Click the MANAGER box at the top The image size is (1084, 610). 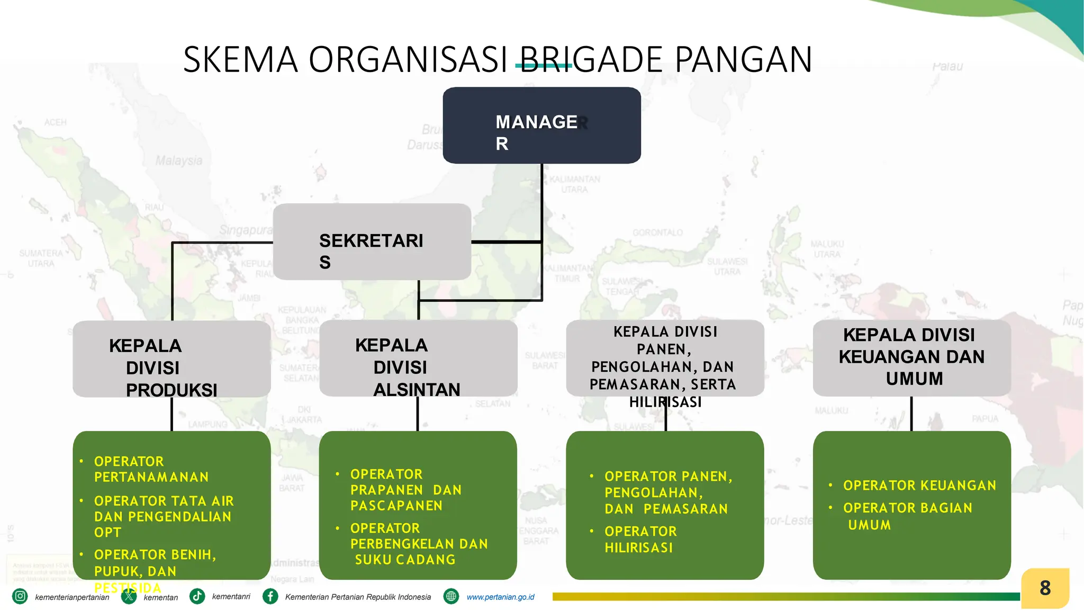click(541, 125)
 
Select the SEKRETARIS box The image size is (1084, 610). click(372, 242)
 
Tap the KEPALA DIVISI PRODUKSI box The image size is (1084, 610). click(171, 359)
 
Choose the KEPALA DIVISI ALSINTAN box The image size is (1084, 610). click(418, 358)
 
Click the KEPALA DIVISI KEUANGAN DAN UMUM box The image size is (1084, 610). click(911, 357)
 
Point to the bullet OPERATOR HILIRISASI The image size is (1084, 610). click(640, 539)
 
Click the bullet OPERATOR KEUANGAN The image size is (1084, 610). click(919, 485)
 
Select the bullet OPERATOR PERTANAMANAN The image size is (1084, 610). click(151, 469)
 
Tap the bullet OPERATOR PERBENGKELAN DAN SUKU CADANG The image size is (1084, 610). click(418, 544)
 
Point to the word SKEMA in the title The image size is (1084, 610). click(241, 59)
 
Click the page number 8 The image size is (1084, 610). click(1045, 588)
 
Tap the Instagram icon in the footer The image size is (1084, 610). click(20, 596)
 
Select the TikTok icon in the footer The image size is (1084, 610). click(197, 596)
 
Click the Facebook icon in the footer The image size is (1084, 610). click(270, 596)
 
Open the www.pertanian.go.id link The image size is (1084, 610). click(500, 597)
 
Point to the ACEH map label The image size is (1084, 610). click(56, 122)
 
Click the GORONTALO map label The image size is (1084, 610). click(657, 232)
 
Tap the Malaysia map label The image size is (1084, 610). click(179, 160)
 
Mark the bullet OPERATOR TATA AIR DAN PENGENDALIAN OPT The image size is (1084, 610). click(163, 516)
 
